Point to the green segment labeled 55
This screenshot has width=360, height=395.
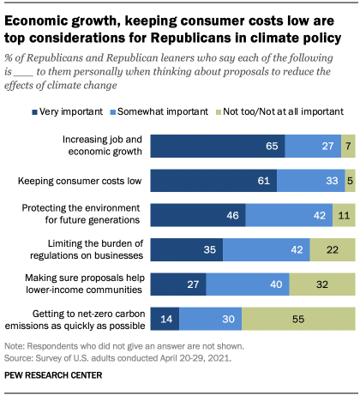298,320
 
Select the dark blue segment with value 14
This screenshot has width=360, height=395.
165,320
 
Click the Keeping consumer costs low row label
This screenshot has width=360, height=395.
93,180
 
